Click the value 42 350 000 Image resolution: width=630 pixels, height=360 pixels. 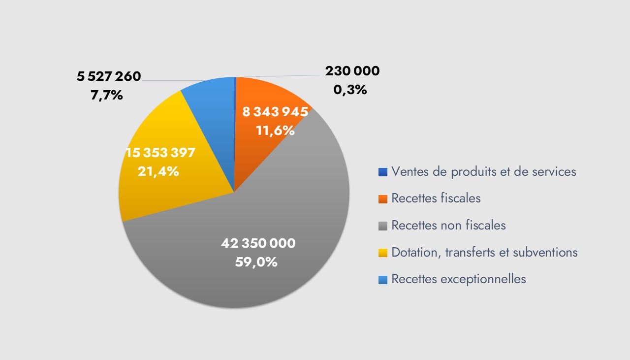pos(258,243)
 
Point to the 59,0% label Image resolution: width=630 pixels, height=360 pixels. pos(256,262)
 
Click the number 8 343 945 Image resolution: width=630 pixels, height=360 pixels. pos(275,112)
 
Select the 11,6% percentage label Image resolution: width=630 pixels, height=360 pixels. pos(275,131)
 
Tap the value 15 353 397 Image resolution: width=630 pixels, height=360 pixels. pos(160,153)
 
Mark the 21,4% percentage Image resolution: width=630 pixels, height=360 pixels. pos(158,172)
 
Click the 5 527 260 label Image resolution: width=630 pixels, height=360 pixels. pos(109,76)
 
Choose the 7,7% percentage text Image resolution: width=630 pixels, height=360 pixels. pos(107,95)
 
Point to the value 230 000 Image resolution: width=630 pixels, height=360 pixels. pos(352,71)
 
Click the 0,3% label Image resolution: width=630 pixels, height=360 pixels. pos(350,90)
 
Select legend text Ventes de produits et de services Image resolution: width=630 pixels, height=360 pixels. pos(484,172)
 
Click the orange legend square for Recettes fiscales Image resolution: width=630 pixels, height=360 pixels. pos(383,199)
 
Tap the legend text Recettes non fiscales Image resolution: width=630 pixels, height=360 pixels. pos(448,226)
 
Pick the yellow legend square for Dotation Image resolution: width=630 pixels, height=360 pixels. pos(383,253)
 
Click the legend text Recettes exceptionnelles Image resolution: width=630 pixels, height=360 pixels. pos(459,279)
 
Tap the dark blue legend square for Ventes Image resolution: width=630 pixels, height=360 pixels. pos(383,172)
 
